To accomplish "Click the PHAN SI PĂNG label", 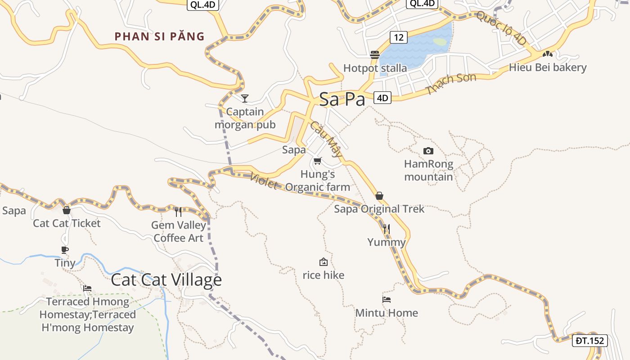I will tap(159, 36).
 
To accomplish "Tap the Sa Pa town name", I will tap(342, 99).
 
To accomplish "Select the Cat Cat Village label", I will tap(166, 280).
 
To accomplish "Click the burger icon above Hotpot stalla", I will tap(375, 55).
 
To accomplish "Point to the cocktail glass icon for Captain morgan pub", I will tap(245, 98).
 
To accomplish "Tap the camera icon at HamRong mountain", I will tap(428, 151).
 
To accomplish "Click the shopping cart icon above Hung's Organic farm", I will tap(318, 161).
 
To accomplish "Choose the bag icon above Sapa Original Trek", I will tap(379, 196).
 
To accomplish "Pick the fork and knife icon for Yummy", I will tap(386, 229).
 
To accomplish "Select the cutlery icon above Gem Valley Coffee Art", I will tap(178, 211).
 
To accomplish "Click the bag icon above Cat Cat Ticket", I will tap(67, 210).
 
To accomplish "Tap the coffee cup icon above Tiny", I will tap(65, 250).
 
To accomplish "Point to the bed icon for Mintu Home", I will tap(387, 300).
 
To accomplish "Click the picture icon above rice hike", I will tap(323, 262).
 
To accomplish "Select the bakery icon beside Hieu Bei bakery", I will tap(547, 54).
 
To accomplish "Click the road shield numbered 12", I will tap(399, 37).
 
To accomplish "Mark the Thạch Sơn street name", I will tap(451, 84).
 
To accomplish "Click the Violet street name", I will tap(263, 181).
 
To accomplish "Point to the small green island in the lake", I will tap(440, 42).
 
